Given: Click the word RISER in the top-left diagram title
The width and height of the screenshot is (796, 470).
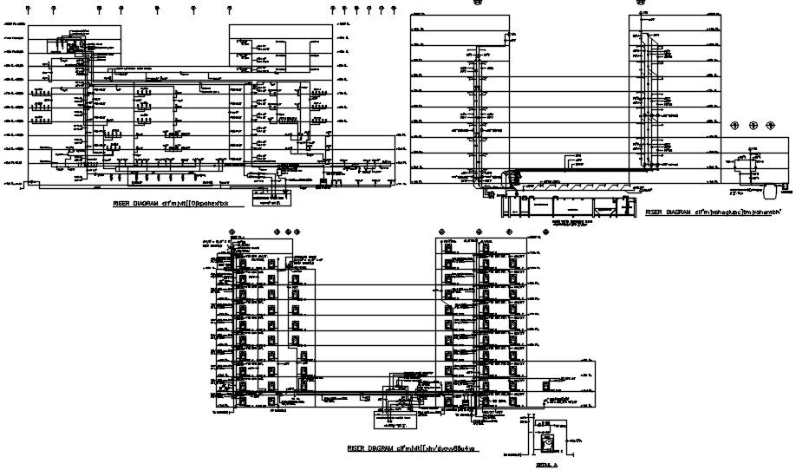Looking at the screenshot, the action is (x=122, y=204).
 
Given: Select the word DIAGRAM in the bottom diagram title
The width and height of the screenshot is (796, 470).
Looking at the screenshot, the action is (x=378, y=447).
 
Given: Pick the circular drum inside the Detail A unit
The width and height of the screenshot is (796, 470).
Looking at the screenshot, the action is (x=548, y=443).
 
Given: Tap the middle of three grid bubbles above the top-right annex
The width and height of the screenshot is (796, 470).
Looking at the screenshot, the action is (x=753, y=126).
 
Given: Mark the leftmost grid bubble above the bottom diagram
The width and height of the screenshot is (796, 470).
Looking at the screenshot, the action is (x=232, y=232).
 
